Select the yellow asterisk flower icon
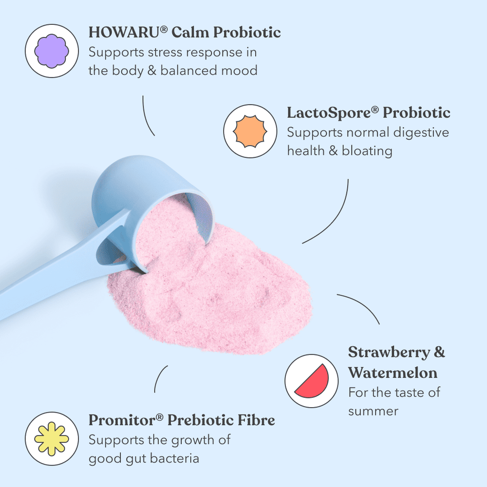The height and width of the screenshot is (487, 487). coord(52,439)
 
